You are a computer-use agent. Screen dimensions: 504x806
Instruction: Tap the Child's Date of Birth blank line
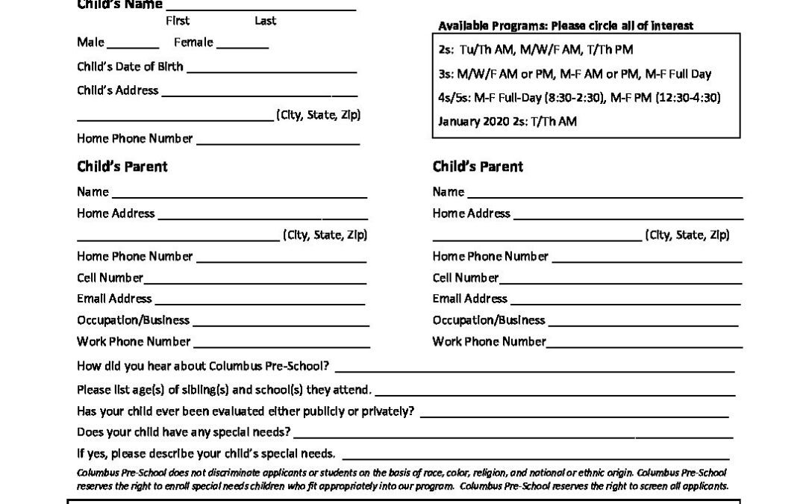point(271,70)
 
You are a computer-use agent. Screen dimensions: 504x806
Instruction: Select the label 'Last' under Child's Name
point(265,21)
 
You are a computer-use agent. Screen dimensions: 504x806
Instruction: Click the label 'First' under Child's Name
point(178,21)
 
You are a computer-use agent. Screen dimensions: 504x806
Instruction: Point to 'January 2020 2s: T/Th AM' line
point(507,121)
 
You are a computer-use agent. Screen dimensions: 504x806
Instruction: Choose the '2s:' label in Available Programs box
point(446,49)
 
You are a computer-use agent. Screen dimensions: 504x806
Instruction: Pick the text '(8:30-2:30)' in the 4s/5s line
point(577,97)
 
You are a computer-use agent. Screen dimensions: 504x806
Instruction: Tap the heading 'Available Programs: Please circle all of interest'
point(566,26)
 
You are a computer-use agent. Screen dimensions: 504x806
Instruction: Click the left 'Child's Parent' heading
point(122,167)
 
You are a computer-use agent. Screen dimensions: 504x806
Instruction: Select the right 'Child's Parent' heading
point(478,167)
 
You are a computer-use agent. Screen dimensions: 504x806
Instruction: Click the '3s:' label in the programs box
point(446,74)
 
